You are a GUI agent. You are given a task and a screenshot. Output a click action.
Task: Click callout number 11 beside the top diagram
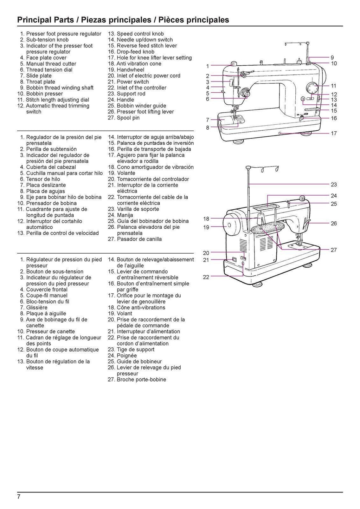point(334,86)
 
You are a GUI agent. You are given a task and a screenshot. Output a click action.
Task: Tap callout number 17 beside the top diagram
point(334,133)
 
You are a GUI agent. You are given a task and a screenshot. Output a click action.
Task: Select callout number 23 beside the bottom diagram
point(334,184)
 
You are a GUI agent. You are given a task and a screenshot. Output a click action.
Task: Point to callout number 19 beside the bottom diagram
point(206,227)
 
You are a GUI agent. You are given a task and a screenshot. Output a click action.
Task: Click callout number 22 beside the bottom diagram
point(206,277)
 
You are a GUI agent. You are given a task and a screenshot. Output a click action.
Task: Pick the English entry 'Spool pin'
point(128,118)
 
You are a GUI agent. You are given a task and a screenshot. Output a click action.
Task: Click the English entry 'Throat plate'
point(40,82)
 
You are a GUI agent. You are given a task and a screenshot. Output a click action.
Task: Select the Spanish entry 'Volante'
point(126,173)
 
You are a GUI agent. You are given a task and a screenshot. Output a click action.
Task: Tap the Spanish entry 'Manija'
point(125,215)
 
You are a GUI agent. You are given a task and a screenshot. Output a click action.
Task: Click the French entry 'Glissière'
point(37,308)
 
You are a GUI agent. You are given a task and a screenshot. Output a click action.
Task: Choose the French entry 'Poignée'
point(127,355)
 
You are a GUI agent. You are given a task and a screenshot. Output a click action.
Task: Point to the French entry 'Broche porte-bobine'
point(141,379)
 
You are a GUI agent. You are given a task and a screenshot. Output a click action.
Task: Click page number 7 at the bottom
point(19,497)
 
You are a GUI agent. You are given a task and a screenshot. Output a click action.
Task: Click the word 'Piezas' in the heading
point(93,20)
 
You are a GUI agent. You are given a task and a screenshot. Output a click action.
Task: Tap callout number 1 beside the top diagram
point(207,66)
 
